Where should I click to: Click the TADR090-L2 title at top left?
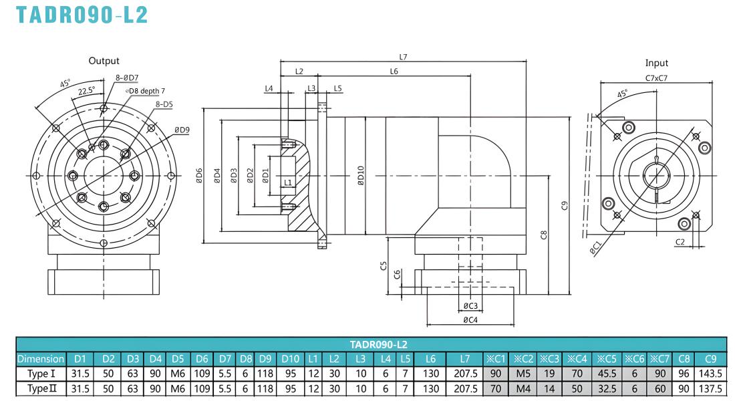pyautogui.click(x=82, y=14)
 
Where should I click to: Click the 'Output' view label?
pyautogui.click(x=104, y=61)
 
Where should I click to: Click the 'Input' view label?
pyautogui.click(x=656, y=63)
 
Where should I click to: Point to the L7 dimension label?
pyautogui.click(x=403, y=57)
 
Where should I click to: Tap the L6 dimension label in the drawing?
pyautogui.click(x=394, y=72)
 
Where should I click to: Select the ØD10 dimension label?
pyautogui.click(x=360, y=175)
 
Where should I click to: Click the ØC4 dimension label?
pyautogui.click(x=470, y=320)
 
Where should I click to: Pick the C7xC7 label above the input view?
pyautogui.click(x=656, y=78)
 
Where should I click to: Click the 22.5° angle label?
pyautogui.click(x=86, y=90)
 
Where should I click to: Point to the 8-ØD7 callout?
pyautogui.click(x=127, y=78)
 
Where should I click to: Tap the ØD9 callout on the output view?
pyautogui.click(x=182, y=130)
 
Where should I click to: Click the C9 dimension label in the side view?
pyautogui.click(x=565, y=205)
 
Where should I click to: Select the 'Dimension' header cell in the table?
pyautogui.click(x=41, y=359)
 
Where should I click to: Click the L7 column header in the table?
pyautogui.click(x=464, y=359)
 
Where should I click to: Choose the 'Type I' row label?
pyautogui.click(x=41, y=374)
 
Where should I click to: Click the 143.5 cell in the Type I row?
pyautogui.click(x=710, y=374)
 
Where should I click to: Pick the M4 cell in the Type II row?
pyautogui.click(x=523, y=389)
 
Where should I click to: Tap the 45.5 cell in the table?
pyautogui.click(x=607, y=374)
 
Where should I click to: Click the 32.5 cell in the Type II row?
pyautogui.click(x=607, y=389)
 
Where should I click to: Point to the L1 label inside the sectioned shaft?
pyautogui.click(x=288, y=182)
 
